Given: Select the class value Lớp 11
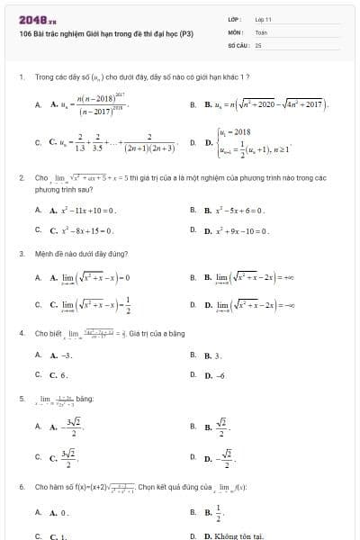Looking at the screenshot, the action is pyautogui.click(x=264, y=19).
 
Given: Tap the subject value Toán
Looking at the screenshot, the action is pyautogui.click(x=261, y=31).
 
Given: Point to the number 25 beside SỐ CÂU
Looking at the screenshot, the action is pyautogui.click(x=258, y=43).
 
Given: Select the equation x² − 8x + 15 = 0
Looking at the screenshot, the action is pyautogui.click(x=81, y=229).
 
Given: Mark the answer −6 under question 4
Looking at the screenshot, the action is pyautogui.click(x=209, y=374).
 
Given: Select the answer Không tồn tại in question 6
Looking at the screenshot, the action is pyautogui.click(x=231, y=535).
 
